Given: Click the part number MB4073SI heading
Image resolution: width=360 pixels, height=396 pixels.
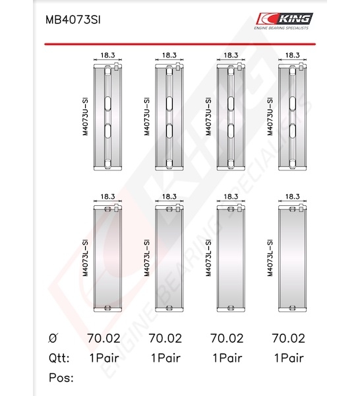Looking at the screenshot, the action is tap(73, 20).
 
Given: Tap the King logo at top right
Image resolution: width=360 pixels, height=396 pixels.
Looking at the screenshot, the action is tap(284, 21).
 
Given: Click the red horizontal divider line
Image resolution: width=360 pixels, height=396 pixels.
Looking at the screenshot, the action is tap(180, 44).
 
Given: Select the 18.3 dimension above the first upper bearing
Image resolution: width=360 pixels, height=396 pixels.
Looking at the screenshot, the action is tap(107, 55).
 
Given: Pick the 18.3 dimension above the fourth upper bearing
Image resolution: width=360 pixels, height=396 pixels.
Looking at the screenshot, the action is tap(292, 55).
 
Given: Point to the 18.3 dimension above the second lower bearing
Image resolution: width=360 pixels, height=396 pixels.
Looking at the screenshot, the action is tap(169, 197).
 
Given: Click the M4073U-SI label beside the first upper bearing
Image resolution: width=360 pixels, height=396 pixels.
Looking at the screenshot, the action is tap(86, 117).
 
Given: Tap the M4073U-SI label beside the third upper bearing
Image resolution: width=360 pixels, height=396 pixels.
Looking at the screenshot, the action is tap(208, 117).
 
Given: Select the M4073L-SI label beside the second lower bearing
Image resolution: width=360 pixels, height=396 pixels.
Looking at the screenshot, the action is tap(147, 258).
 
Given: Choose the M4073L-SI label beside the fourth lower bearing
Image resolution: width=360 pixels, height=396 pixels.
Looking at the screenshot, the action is tap(270, 258).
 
